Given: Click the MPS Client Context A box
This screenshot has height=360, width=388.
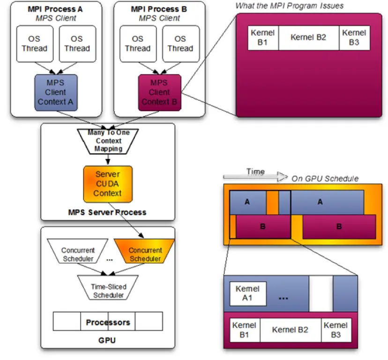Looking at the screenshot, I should [x=56, y=92].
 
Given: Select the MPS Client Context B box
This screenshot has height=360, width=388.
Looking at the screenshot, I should [x=159, y=92].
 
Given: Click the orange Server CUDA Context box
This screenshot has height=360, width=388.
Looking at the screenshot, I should [x=108, y=184].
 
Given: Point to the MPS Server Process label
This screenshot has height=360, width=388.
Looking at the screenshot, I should [x=108, y=212].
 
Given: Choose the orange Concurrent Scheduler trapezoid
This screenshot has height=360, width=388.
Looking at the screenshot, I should [x=145, y=255].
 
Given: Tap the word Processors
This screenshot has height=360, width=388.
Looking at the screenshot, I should [x=108, y=322].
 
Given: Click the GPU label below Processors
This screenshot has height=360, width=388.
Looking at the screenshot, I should [x=108, y=340].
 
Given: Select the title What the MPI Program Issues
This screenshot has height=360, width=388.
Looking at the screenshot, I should [x=289, y=6].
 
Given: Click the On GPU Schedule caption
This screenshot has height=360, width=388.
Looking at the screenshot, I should [x=325, y=179].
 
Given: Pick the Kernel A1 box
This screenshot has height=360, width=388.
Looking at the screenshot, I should [x=247, y=294].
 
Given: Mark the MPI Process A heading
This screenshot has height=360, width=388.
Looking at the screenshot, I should [x=56, y=8].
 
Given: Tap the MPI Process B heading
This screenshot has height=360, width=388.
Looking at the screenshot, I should [x=159, y=8].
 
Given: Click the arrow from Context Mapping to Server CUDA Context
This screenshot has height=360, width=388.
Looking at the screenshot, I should [x=108, y=159].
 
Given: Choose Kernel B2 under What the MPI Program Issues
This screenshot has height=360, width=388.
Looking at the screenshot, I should [x=308, y=37].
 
